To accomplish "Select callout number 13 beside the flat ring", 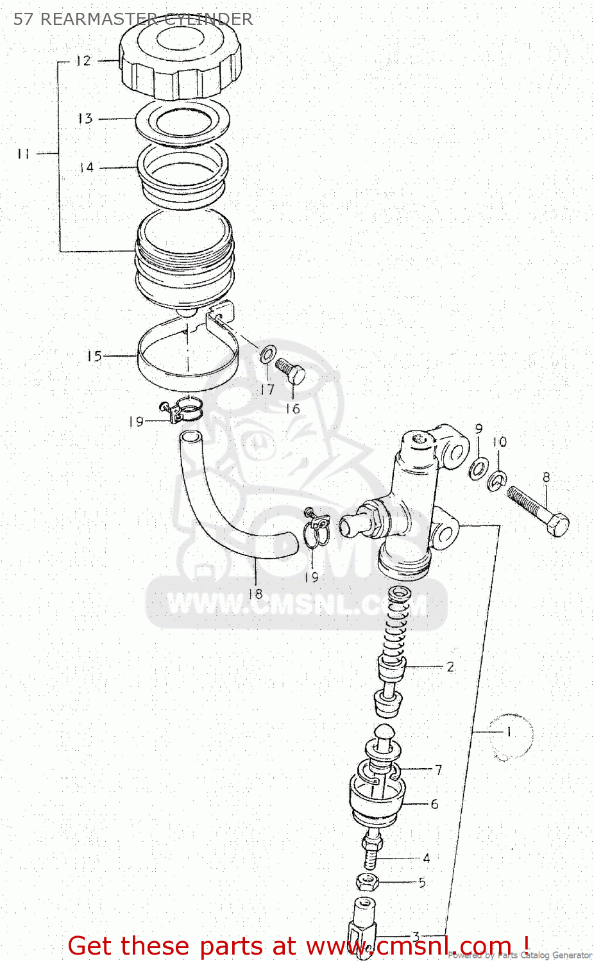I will pyautogui.click(x=85, y=119).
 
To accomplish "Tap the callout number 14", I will pyautogui.click(x=87, y=167).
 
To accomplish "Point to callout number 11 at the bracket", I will pyautogui.click(x=24, y=154).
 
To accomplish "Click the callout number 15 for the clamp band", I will pyautogui.click(x=94, y=356).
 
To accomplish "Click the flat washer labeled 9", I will pyautogui.click(x=477, y=468).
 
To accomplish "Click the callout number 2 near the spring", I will pyautogui.click(x=450, y=667).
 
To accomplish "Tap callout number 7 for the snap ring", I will pyautogui.click(x=438, y=769).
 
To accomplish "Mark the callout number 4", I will pyautogui.click(x=426, y=858).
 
